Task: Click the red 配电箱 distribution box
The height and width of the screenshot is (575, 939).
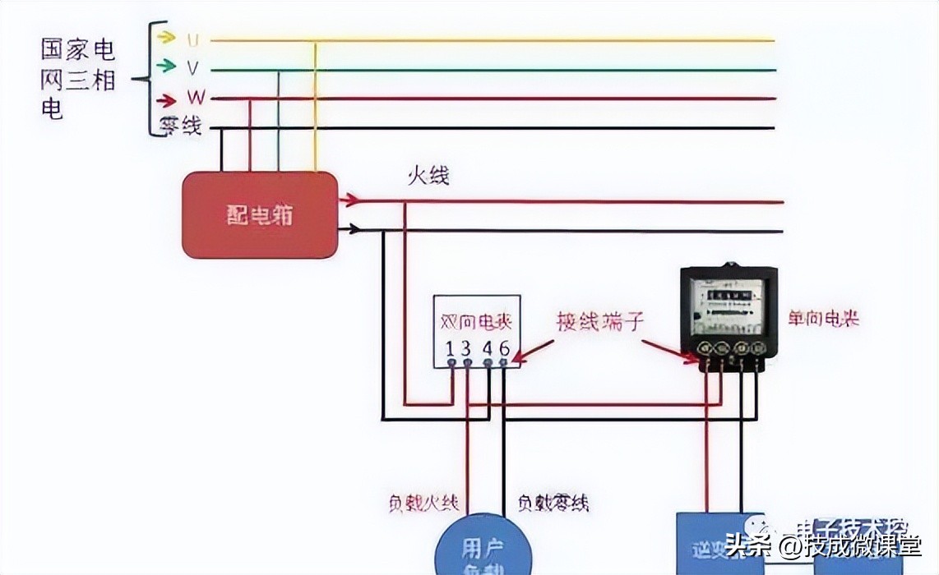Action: point(260,215)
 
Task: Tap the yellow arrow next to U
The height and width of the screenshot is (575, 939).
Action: point(166,37)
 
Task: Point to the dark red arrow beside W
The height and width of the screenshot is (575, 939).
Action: point(167,100)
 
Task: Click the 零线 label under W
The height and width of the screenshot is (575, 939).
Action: point(180,126)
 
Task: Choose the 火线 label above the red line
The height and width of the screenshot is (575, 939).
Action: point(428,176)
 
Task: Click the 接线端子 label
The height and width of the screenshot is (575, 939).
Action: point(599,321)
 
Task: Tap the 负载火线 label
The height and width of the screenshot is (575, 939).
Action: point(423,503)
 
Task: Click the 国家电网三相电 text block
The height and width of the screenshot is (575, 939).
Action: point(78,79)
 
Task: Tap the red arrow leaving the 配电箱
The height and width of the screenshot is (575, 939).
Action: point(350,200)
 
